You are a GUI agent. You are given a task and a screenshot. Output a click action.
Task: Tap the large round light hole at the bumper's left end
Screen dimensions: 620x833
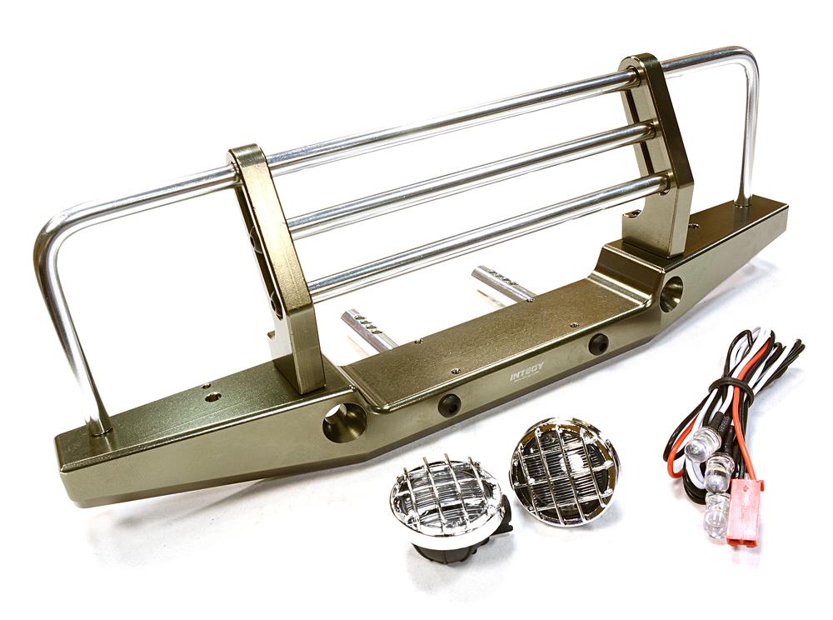point(344,423)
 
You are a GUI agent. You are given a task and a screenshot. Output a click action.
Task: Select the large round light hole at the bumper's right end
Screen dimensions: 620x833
point(671,293)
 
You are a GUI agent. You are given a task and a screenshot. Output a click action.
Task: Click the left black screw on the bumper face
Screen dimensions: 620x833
point(449,405)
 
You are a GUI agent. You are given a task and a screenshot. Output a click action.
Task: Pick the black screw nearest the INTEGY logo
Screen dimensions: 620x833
point(597,343)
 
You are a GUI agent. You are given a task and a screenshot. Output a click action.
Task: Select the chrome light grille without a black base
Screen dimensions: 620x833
point(564,470)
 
